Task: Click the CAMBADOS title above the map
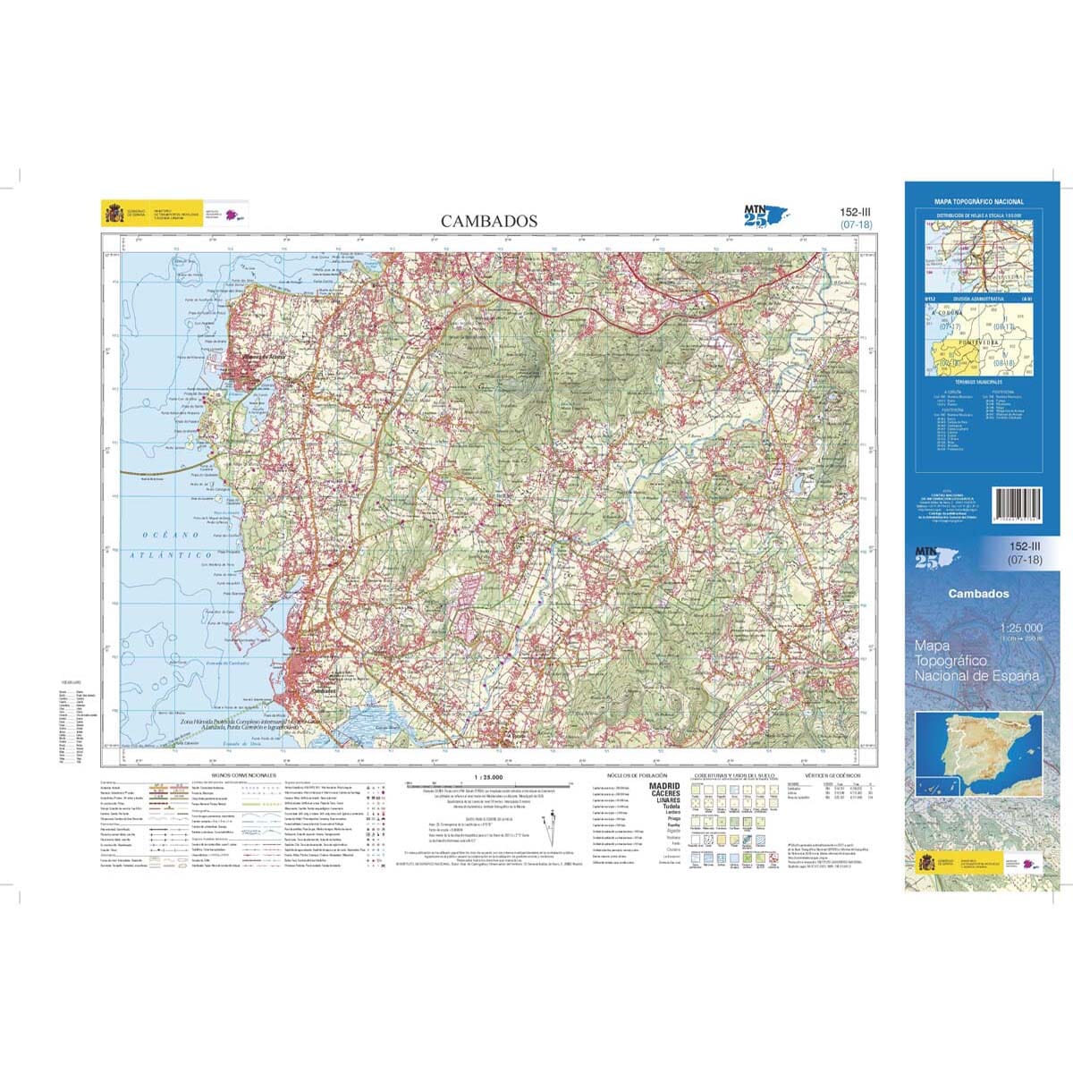(x=488, y=221)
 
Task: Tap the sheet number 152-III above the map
(x=856, y=212)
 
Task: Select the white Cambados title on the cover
(x=978, y=594)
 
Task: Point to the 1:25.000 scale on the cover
(x=1021, y=629)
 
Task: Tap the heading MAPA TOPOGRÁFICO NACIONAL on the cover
(x=978, y=202)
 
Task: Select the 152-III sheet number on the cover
(x=1026, y=546)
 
